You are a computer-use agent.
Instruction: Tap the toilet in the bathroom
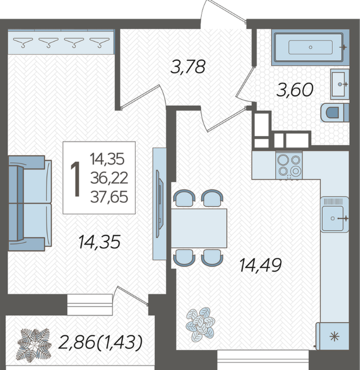(x=334, y=113)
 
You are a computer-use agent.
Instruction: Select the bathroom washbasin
(x=340, y=84)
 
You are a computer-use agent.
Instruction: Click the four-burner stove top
(x=289, y=165)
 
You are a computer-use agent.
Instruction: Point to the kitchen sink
(x=334, y=215)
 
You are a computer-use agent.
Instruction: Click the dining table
(x=199, y=228)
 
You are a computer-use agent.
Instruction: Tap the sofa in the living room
(x=30, y=203)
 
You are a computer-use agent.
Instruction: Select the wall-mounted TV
(x=160, y=204)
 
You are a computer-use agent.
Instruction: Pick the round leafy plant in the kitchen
(x=201, y=324)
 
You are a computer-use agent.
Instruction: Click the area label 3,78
(x=188, y=66)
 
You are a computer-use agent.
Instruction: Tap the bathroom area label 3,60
(x=295, y=89)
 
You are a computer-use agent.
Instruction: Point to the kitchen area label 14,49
(x=260, y=265)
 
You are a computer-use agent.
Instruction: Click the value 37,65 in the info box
(x=109, y=197)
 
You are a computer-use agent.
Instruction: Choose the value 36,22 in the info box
(x=109, y=178)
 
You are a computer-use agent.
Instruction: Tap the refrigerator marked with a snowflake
(x=333, y=336)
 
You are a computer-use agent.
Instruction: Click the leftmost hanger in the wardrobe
(x=23, y=42)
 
